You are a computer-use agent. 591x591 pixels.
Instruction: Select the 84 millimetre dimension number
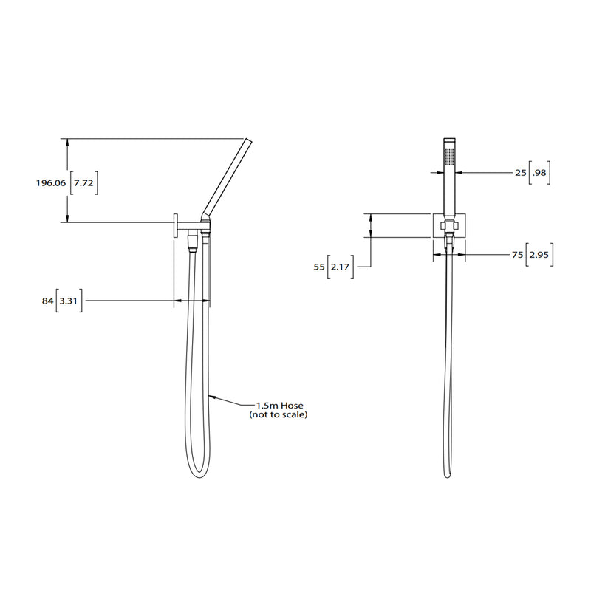(48, 301)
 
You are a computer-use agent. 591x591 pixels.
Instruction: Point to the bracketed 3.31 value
(69, 301)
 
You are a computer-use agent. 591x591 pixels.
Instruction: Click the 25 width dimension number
(521, 172)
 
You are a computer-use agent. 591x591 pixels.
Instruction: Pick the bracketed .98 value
(541, 172)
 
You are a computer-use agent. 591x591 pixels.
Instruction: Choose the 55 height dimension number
(319, 267)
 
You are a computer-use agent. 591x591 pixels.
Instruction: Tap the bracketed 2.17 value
(341, 267)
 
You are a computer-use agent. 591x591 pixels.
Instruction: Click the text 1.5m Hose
(277, 406)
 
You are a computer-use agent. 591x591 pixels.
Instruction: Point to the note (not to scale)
(278, 415)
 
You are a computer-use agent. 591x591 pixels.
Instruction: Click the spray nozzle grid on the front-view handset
(448, 155)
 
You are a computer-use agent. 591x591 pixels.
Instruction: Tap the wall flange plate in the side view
(175, 225)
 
